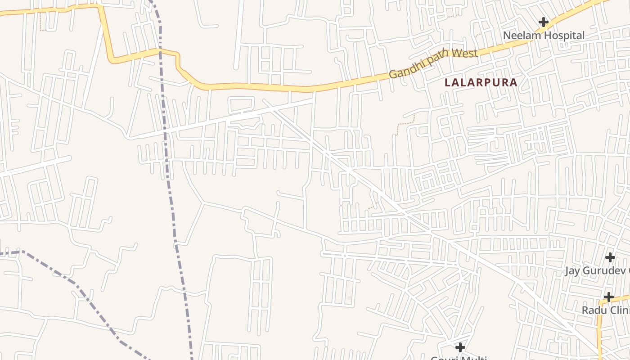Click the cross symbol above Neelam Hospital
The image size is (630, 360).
[x=544, y=22]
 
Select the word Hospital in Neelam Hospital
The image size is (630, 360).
[x=564, y=36]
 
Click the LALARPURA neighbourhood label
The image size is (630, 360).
[x=481, y=83]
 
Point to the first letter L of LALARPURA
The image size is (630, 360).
[x=447, y=83]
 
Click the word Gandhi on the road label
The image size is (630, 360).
[x=405, y=70]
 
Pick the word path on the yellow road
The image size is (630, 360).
[x=436, y=59]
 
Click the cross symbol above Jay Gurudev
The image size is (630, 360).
[x=610, y=257]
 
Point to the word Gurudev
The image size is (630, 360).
[x=603, y=271]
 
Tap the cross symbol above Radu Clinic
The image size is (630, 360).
[x=608, y=297]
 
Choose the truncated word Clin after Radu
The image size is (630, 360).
[x=620, y=310]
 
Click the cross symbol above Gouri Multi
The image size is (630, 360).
[x=460, y=347]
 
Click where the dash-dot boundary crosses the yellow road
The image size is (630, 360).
[x=160, y=50]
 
